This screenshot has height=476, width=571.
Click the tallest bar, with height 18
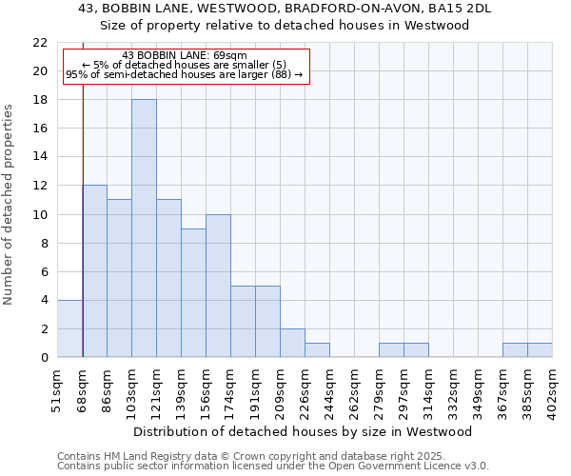click(144, 228)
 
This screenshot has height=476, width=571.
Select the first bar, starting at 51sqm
click(69, 328)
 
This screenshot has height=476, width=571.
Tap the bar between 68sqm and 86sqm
click(94, 271)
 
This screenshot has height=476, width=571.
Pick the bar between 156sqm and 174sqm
click(218, 286)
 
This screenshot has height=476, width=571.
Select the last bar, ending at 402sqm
click(540, 350)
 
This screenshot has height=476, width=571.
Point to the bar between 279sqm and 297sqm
click(391, 350)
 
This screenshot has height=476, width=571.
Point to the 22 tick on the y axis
click(40, 43)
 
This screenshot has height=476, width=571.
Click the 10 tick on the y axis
click(40, 214)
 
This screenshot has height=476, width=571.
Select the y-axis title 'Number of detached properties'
click(10, 206)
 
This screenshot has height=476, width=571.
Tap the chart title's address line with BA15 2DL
click(285, 9)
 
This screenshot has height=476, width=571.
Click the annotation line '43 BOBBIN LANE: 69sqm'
click(185, 55)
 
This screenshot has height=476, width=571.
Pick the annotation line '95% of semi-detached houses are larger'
click(185, 74)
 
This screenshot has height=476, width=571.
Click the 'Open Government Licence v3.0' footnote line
click(273, 466)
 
